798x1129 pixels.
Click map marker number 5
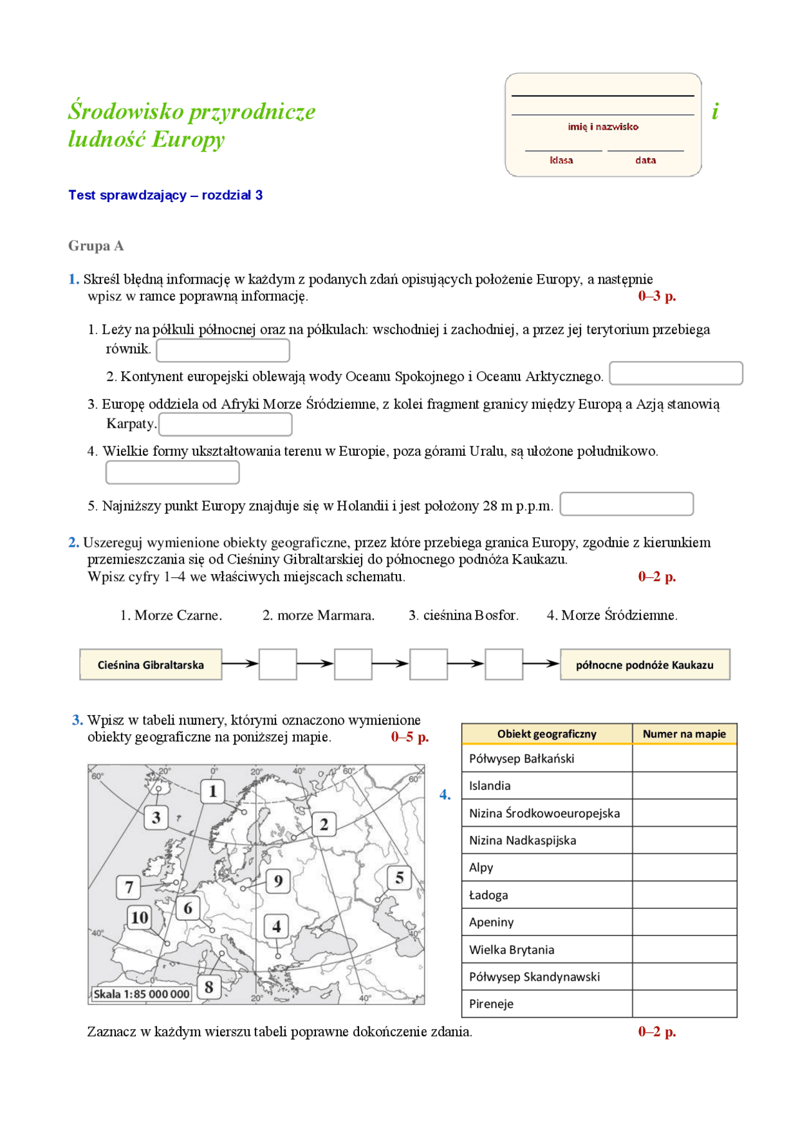[399, 878]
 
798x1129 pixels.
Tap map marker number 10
[139, 917]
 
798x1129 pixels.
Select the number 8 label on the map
[209, 987]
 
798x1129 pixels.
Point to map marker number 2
[324, 824]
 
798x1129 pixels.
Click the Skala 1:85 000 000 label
[142, 994]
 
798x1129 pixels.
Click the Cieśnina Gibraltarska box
[150, 665]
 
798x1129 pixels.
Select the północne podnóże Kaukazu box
[644, 665]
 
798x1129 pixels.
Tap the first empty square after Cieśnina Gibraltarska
[277, 664]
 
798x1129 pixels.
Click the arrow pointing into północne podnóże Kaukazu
[541, 664]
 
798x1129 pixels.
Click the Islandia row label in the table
[489, 785]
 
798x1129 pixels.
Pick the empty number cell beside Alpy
[684, 867]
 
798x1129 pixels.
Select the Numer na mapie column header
[684, 734]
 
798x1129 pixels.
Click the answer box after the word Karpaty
[225, 424]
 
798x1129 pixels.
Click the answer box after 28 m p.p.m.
[626, 504]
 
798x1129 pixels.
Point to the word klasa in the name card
[561, 160]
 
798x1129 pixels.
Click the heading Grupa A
[96, 246]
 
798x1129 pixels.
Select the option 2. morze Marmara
[318, 615]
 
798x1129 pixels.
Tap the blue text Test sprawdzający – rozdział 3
[165, 195]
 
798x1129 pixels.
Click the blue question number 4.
[445, 794]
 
